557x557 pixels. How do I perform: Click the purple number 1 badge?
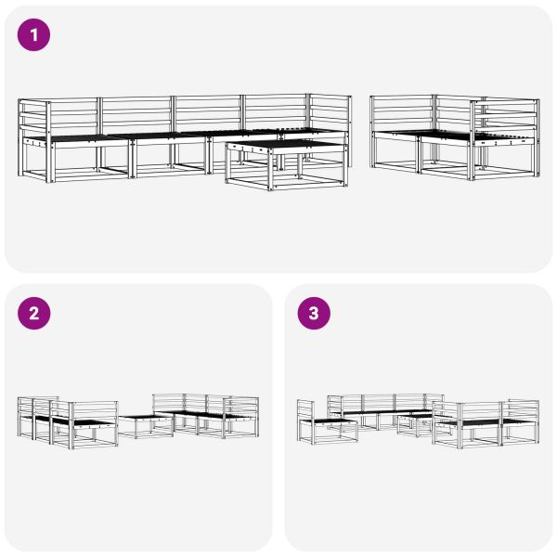pyautogui.click(x=34, y=35)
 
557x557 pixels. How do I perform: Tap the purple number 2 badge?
pyautogui.click(x=34, y=314)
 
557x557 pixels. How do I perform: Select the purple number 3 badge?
pyautogui.click(x=313, y=314)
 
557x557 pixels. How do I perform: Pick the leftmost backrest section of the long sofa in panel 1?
pyautogui.click(x=72, y=115)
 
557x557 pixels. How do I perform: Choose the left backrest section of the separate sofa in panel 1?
pyautogui.click(x=401, y=112)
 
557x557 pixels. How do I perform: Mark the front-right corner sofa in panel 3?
pyautogui.click(x=487, y=422)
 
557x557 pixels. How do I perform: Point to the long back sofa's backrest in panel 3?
pyautogui.click(x=381, y=402)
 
